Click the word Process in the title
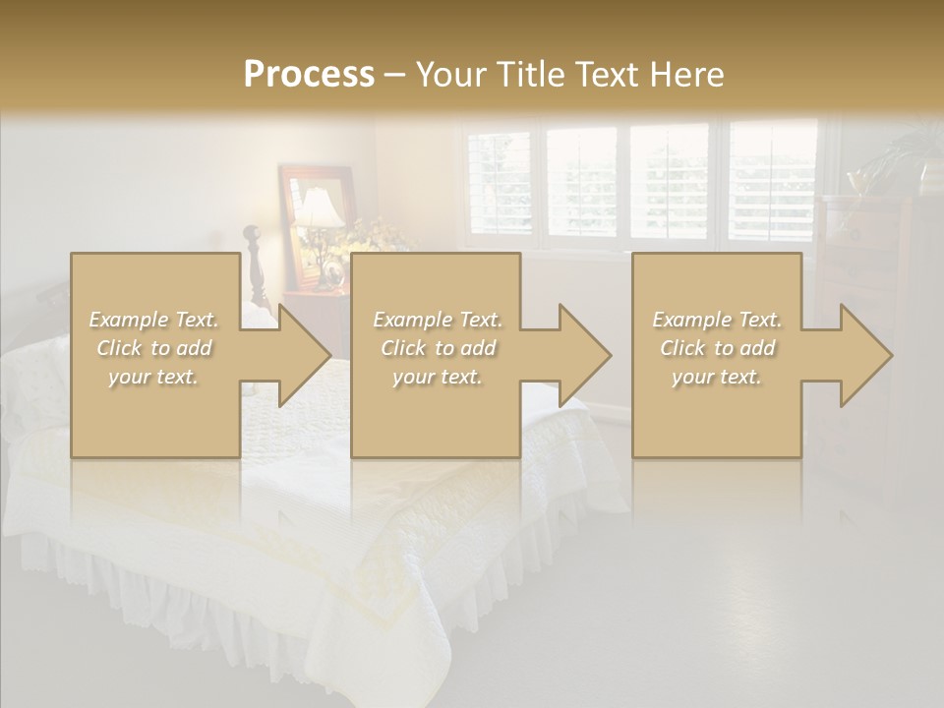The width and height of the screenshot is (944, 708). pos(309,74)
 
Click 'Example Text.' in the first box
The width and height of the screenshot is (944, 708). pos(154,320)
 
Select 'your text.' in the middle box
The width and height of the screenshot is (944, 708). pos(437,377)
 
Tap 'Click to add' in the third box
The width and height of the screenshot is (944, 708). pos(718,348)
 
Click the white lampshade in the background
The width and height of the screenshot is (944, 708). pos(320,208)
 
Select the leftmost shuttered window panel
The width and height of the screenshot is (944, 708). pos(499,182)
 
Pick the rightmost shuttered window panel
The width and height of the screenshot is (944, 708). pos(773,182)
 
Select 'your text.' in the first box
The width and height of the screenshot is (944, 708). pos(154,377)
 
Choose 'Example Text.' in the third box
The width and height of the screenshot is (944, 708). pos(718,320)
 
